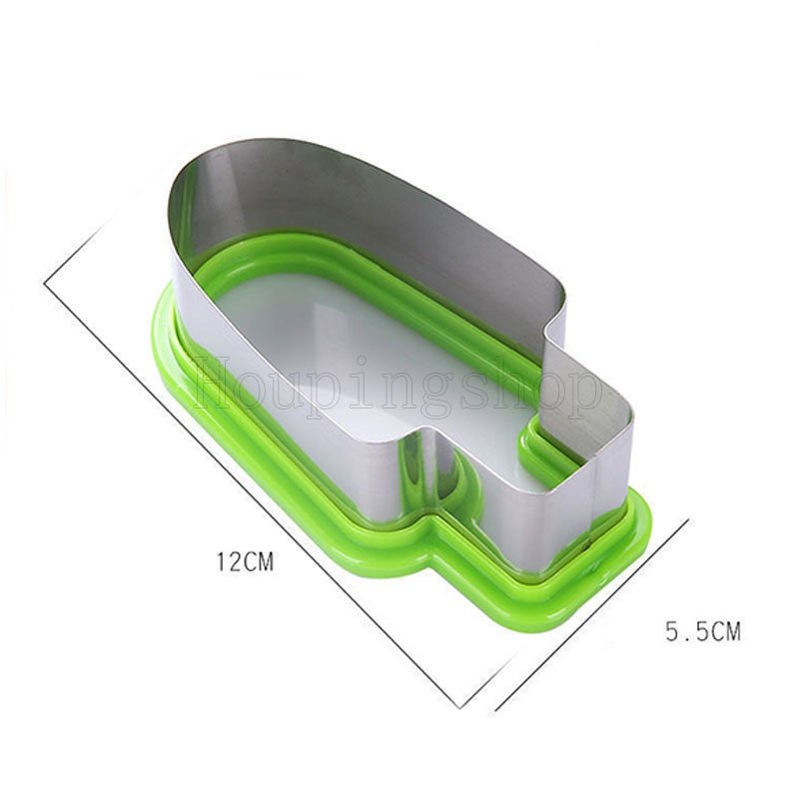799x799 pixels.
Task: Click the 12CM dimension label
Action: click(x=246, y=561)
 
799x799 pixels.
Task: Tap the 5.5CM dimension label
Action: click(x=703, y=632)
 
